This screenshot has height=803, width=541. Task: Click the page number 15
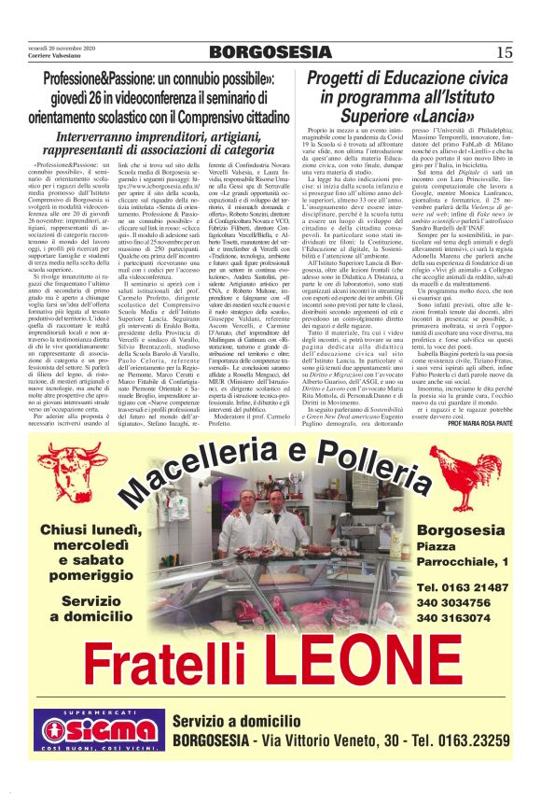(504, 52)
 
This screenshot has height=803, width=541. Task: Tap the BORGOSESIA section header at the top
(270, 51)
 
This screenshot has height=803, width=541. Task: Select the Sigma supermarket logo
(96, 738)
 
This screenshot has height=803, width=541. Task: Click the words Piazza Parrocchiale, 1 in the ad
(464, 554)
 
